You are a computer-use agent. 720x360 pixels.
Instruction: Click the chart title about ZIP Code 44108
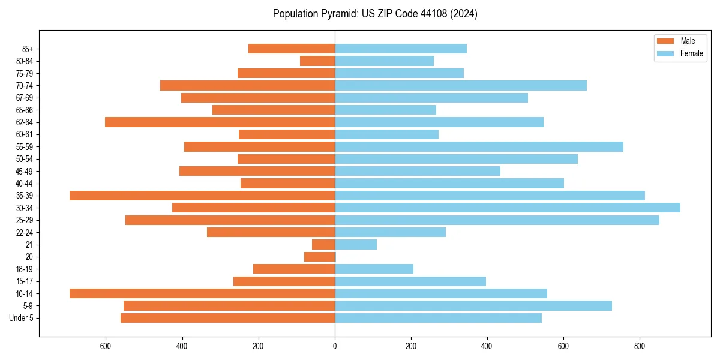pos(375,14)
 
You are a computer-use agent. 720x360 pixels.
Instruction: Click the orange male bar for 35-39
pos(202,196)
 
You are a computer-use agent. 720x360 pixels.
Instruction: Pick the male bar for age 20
pos(319,257)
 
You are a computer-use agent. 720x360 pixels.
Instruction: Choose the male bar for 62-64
pos(220,122)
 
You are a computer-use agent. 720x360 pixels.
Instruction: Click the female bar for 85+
pos(400,49)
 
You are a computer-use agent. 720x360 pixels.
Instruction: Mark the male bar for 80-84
pos(317,61)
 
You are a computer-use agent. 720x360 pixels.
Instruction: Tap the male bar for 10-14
pos(202,293)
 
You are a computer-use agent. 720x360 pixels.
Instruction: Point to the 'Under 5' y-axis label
pos(21,318)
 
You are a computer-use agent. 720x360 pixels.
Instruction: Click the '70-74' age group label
pos(24,85)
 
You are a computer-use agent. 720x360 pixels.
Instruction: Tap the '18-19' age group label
pos(24,269)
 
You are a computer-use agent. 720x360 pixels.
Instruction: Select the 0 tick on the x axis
pos(335,346)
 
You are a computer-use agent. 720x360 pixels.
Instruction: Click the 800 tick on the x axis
pos(640,346)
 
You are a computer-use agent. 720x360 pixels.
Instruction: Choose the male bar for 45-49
pos(257,171)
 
